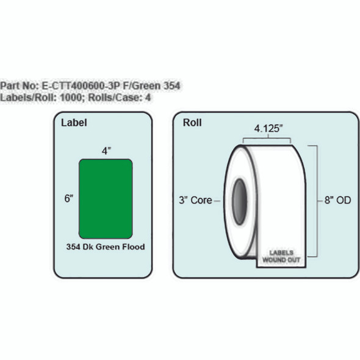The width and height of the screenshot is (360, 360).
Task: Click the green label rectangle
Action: pos(106,198)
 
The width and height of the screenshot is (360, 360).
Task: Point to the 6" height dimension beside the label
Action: pos(70,198)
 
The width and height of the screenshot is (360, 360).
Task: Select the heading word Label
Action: pos(74,123)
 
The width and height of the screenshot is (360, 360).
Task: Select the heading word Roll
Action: pos(192,123)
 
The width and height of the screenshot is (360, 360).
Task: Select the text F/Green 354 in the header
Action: pos(153,86)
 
